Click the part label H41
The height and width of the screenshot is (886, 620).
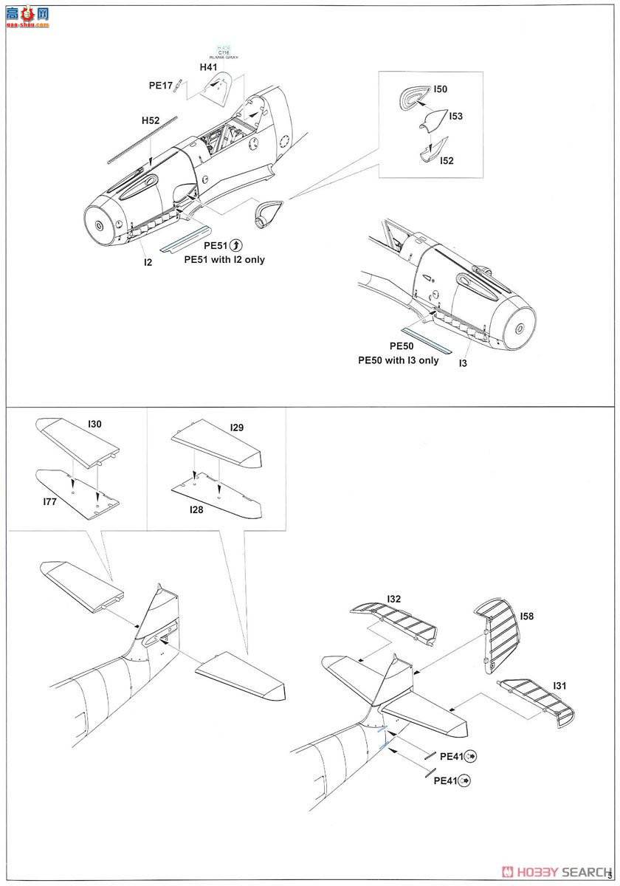coord(209,67)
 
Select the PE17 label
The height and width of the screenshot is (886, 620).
coord(160,86)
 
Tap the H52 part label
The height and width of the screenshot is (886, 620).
coord(151,120)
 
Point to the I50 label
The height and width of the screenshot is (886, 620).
coord(440,89)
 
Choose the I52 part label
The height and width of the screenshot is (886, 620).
coord(447,161)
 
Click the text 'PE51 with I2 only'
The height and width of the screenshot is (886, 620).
coord(224,260)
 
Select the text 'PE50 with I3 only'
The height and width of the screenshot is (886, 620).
coord(399,360)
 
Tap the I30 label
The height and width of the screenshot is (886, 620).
coord(94,425)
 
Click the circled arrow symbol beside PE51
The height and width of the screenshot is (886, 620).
coord(236,246)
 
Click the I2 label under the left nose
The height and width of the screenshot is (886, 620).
coord(148,261)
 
